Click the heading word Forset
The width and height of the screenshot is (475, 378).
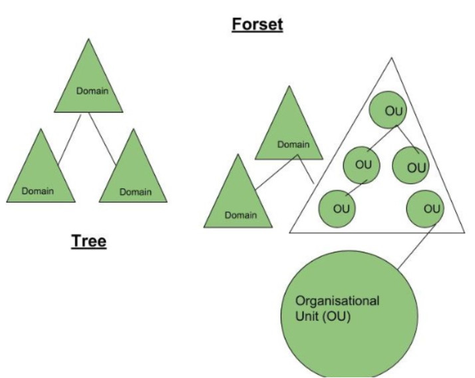257,26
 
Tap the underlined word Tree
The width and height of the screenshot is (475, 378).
88,241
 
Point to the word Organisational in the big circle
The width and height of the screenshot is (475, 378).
337,301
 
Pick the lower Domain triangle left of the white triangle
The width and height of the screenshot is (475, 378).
240,200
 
